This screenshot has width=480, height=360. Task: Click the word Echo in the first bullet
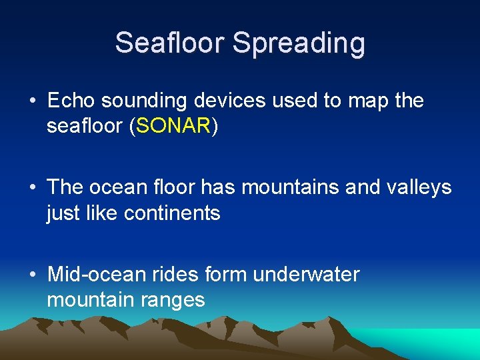point(72,101)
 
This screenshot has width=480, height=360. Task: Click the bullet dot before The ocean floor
point(33,188)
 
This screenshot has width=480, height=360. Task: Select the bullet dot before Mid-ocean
point(33,275)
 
